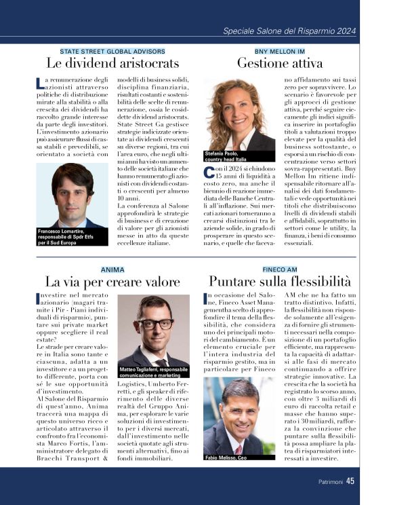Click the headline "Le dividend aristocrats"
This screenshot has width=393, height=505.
(112, 63)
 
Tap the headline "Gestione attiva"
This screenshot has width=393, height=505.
(279, 63)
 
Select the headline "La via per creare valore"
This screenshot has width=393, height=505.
(112, 281)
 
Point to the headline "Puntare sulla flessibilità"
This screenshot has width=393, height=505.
(279, 281)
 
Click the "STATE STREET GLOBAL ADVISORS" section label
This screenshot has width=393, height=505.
(112, 51)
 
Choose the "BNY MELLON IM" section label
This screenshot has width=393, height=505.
(279, 51)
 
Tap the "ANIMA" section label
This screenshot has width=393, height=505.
(112, 269)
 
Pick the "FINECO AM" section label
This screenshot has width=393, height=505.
(280, 269)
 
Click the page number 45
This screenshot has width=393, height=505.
(350, 481)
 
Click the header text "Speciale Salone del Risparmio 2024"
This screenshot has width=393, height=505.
(289, 31)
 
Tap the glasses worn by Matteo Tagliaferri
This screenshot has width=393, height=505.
(154, 324)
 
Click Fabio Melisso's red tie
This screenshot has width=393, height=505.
(238, 449)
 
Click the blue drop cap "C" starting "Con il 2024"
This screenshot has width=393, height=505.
(209, 172)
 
